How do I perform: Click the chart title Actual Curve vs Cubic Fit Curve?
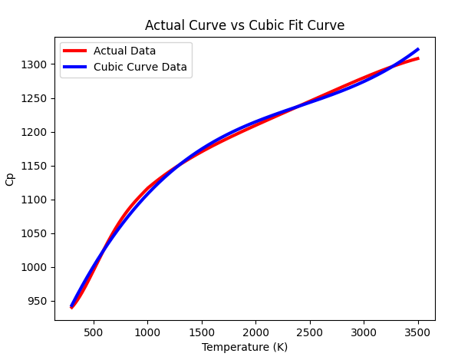[x=245, y=25]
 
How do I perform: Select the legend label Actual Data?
[x=124, y=51]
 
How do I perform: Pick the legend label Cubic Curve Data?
[x=140, y=67]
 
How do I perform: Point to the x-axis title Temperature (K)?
[x=245, y=347]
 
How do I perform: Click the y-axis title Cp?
[x=10, y=179]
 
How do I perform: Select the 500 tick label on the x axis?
[x=94, y=331]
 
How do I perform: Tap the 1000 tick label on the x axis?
[x=147, y=331]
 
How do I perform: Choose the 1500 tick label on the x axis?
[x=202, y=331]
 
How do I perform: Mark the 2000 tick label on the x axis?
[x=255, y=331]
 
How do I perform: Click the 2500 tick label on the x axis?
[x=310, y=331]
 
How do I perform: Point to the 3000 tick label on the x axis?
[x=364, y=331]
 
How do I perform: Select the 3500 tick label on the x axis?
[x=418, y=331]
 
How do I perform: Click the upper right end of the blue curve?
[x=418, y=49]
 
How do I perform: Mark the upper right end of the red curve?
[x=418, y=58]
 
